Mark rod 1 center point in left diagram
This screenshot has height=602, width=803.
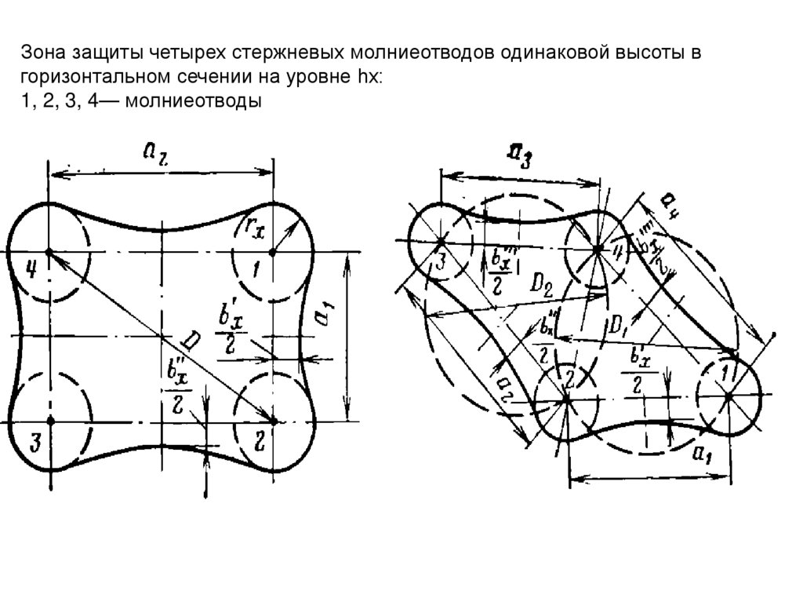[272, 252]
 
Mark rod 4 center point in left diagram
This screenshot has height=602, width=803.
[49, 252]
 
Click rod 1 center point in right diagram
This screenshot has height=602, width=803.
[729, 396]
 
